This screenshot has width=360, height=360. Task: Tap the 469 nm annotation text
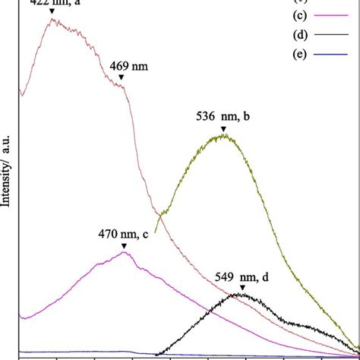pyautogui.click(x=128, y=66)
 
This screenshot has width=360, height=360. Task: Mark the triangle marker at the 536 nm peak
pyautogui.click(x=223, y=129)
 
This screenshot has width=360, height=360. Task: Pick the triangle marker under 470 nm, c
pyautogui.click(x=124, y=246)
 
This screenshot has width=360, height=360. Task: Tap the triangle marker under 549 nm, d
pyautogui.click(x=242, y=288)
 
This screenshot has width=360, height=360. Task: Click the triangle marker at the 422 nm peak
pyautogui.click(x=52, y=11)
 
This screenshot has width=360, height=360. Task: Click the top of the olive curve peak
pyautogui.click(x=223, y=136)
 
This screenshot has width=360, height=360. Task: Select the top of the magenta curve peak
pyautogui.click(x=124, y=252)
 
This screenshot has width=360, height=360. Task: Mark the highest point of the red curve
pyautogui.click(x=52, y=19)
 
